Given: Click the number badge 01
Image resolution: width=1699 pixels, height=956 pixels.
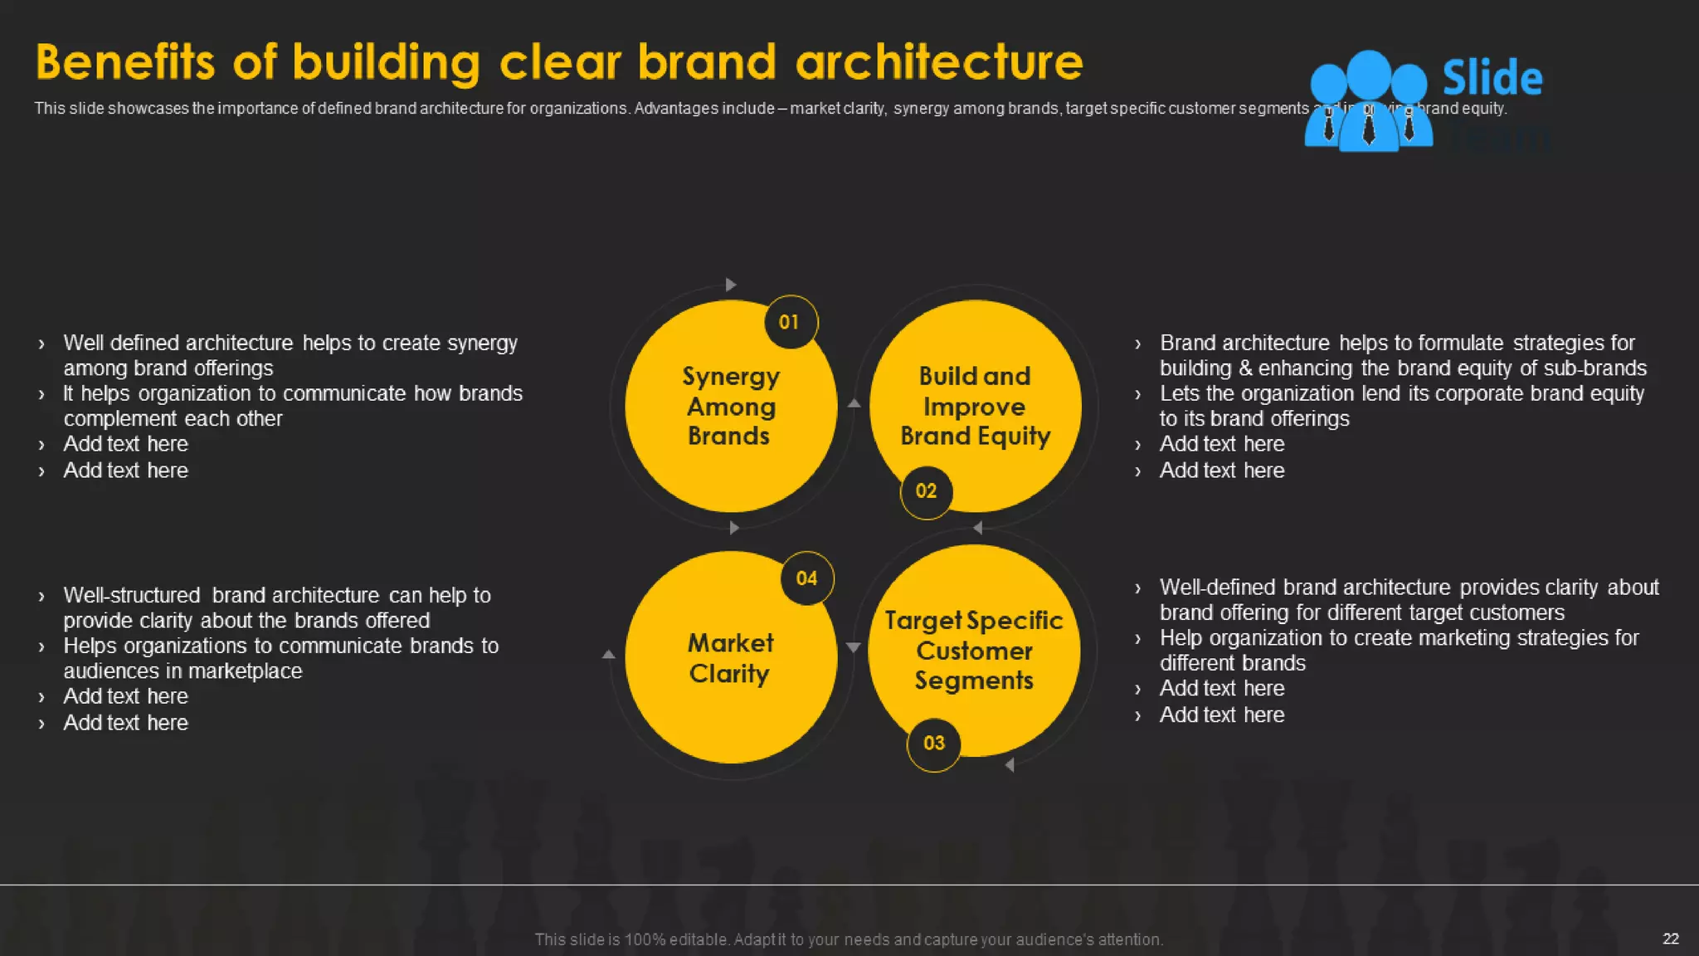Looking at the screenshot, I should [x=790, y=322].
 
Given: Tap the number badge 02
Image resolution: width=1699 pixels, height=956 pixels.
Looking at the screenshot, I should [x=926, y=491].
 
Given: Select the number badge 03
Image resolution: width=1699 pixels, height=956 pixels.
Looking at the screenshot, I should [x=934, y=744].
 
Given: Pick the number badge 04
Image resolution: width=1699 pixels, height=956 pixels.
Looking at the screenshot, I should [x=806, y=578].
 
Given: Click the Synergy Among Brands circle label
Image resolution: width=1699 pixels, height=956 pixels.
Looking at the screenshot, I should [x=730, y=406].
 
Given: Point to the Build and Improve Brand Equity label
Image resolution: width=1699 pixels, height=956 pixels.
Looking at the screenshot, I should [x=975, y=406].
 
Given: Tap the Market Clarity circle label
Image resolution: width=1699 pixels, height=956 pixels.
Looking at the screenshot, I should [x=730, y=658].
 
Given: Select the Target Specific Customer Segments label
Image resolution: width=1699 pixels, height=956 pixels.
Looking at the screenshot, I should [x=974, y=651].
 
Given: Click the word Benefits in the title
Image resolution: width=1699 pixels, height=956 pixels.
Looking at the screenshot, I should [x=125, y=62].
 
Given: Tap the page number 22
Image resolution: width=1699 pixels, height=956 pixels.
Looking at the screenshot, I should [x=1671, y=939].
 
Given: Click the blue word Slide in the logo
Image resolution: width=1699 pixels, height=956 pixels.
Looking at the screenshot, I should [x=1492, y=78].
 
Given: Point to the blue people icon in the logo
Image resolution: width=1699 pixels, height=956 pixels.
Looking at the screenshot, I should [x=1368, y=101].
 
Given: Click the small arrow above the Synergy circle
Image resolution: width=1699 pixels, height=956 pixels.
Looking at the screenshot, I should [x=730, y=285].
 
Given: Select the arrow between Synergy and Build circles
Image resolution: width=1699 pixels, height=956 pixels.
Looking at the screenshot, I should [x=854, y=403].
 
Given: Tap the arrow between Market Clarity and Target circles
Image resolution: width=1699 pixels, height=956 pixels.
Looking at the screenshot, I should [x=853, y=647].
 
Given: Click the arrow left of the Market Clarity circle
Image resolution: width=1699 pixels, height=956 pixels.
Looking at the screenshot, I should [x=608, y=655].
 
